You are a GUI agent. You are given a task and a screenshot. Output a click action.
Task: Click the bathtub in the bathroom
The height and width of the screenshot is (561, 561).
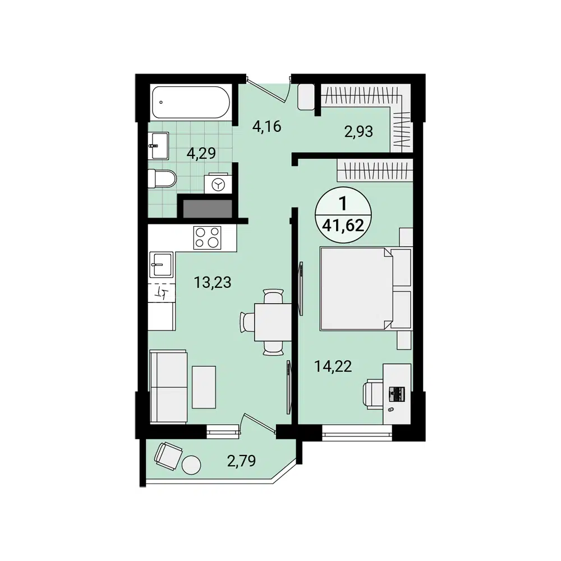190,102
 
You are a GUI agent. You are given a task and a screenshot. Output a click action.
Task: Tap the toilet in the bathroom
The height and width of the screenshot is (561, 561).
162,180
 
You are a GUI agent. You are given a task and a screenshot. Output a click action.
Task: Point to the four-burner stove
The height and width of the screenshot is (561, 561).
207,237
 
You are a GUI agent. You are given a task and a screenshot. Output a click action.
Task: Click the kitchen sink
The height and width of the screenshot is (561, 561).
162,264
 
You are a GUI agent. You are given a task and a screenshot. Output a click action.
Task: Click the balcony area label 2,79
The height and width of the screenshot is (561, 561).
242,462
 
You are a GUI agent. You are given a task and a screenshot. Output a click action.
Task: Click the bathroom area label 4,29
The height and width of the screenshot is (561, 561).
201,153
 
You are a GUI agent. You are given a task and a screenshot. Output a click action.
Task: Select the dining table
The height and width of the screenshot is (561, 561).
273,321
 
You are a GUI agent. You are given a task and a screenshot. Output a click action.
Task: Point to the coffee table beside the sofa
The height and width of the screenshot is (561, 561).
204,387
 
